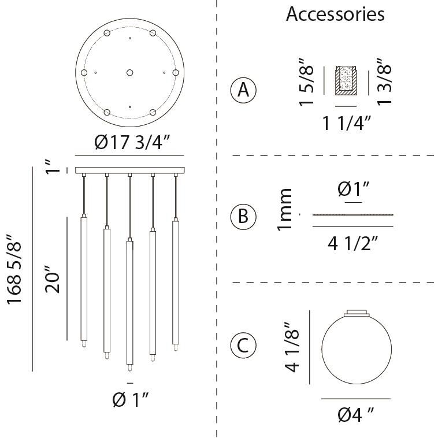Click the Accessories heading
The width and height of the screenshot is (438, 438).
point(335,14)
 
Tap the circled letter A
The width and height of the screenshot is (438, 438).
point(243,90)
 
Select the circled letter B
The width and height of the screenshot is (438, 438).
point(243,217)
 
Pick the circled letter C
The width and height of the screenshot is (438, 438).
point(243,346)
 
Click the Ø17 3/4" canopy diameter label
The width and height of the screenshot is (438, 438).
point(132,142)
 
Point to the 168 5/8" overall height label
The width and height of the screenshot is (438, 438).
point(14,269)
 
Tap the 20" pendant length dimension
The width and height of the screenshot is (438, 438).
point(53,279)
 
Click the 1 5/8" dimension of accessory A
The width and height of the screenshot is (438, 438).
point(306,82)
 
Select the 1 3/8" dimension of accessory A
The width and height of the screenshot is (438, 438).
point(384,81)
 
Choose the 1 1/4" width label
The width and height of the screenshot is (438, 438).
point(347,123)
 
